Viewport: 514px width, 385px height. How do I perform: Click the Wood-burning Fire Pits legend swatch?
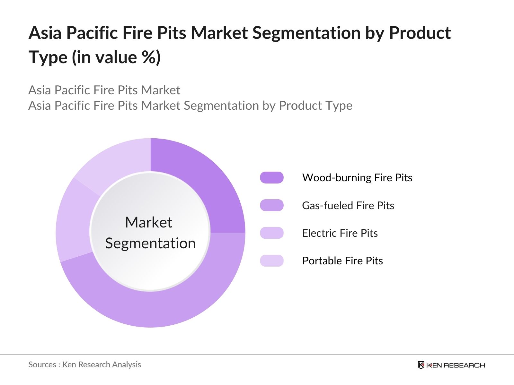[272, 177]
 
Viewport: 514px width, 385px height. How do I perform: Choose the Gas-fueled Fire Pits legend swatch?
[272, 205]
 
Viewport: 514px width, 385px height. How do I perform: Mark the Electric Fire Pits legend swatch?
[272, 233]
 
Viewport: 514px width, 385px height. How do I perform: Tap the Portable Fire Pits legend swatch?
[272, 261]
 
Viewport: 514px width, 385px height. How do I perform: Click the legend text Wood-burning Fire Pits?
[357, 178]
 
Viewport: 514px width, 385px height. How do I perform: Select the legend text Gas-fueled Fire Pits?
[348, 205]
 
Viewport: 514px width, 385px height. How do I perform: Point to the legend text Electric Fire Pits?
[340, 233]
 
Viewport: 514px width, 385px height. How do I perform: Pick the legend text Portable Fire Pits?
[342, 261]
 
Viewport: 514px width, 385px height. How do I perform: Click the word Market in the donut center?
[149, 222]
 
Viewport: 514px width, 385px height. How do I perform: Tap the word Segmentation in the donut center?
[150, 243]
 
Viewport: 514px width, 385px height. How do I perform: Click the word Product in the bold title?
[420, 32]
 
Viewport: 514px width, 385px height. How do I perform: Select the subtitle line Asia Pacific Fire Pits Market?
[104, 90]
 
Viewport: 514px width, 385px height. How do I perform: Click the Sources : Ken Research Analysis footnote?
[84, 364]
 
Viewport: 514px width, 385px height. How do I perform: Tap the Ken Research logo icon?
[421, 365]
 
